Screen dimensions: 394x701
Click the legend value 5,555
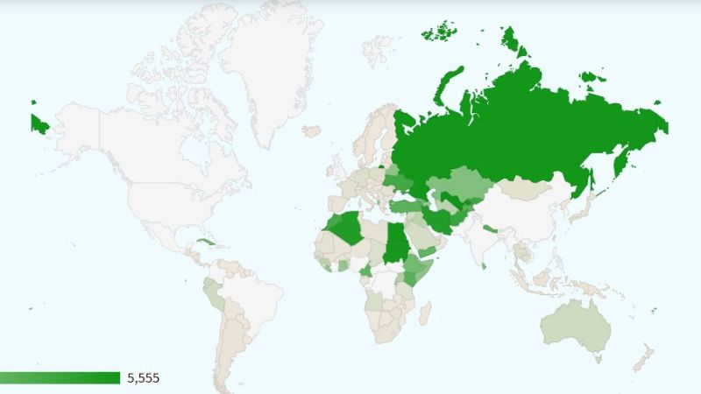pyautogui.click(x=144, y=378)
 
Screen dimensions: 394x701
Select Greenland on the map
pyautogui.click(x=263, y=70)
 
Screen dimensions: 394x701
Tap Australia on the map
pyautogui.click(x=574, y=328)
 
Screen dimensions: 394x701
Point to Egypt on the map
pyautogui.click(x=397, y=235)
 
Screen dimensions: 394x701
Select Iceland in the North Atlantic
pyautogui.click(x=312, y=131)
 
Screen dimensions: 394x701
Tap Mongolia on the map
pyautogui.click(x=526, y=188)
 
